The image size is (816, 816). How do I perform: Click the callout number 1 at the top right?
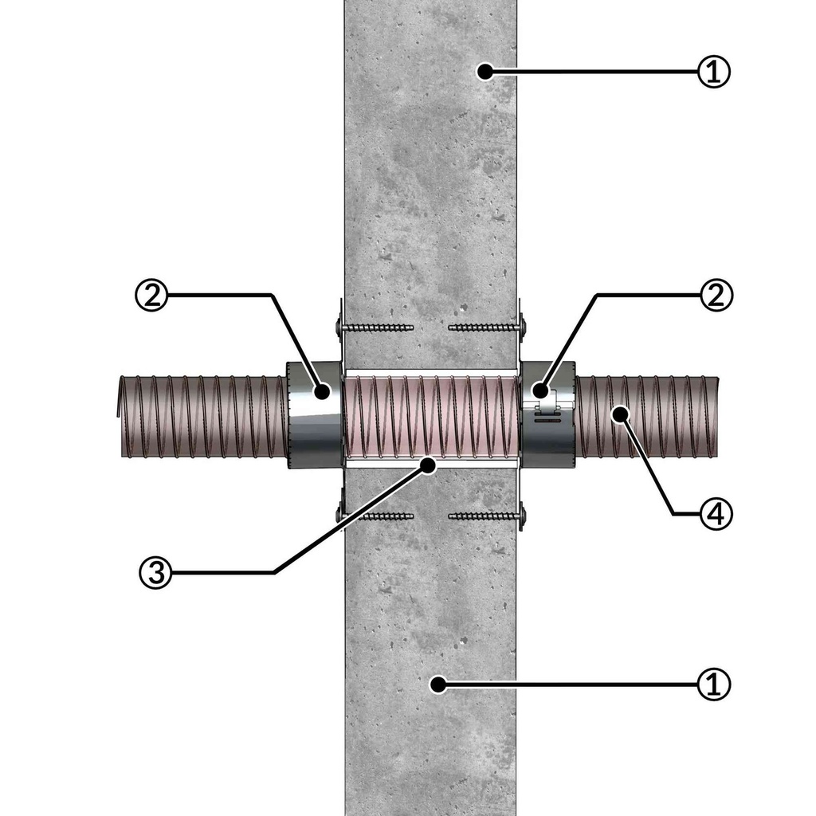(x=713, y=71)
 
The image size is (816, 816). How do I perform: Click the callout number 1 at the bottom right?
(x=713, y=684)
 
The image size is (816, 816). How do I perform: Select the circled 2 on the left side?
(x=151, y=296)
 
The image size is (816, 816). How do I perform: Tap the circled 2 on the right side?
(x=716, y=295)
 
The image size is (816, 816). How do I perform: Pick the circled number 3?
(x=155, y=572)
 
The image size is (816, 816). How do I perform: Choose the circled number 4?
(x=716, y=514)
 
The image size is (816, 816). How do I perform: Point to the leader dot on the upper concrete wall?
(x=485, y=71)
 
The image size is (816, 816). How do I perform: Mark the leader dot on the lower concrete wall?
(x=438, y=685)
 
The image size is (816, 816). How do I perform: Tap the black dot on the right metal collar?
(x=540, y=390)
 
